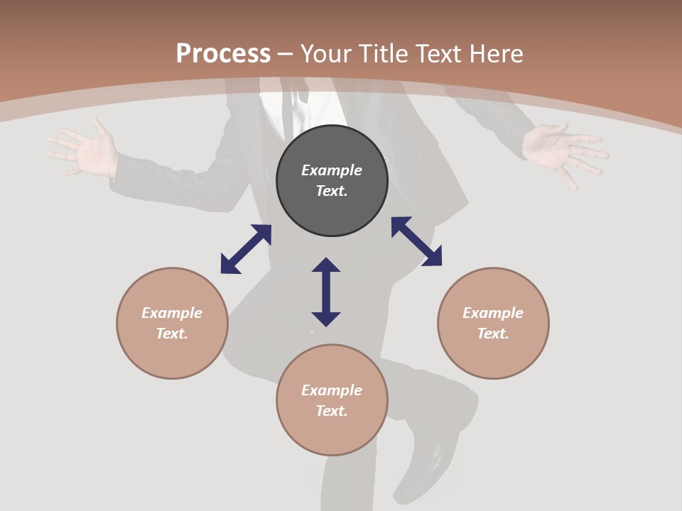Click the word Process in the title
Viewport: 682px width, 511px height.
tap(223, 54)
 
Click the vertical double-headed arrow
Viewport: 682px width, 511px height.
tap(326, 292)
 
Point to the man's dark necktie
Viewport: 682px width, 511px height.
tap(286, 110)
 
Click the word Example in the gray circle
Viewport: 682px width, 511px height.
tap(332, 170)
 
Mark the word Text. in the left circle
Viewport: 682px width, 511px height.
tap(172, 334)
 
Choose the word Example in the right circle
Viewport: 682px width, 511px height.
tap(493, 313)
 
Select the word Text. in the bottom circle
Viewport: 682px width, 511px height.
tap(332, 411)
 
